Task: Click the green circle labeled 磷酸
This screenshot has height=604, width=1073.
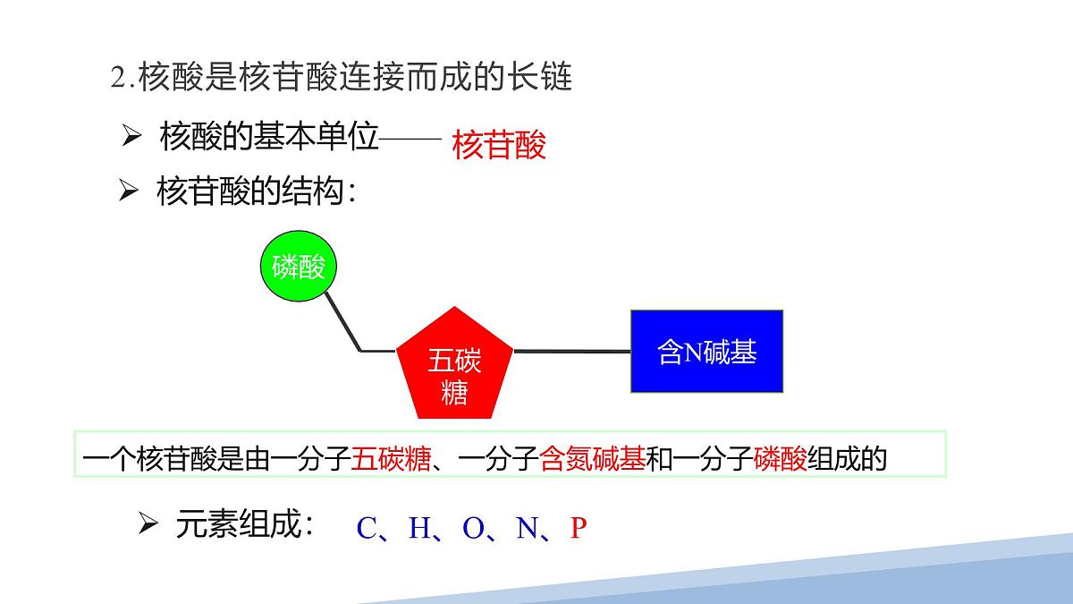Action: pyautogui.click(x=299, y=267)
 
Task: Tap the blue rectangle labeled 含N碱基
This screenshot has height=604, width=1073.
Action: pyautogui.click(x=706, y=352)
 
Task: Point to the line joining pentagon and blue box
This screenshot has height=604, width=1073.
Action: pyautogui.click(x=572, y=351)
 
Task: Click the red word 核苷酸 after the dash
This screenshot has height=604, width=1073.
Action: pyautogui.click(x=499, y=145)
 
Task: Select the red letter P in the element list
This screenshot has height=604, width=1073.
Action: pyautogui.click(x=578, y=529)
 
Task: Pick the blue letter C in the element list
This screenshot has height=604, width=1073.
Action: pyautogui.click(x=367, y=529)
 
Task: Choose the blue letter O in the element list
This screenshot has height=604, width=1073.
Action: pyautogui.click(x=473, y=529)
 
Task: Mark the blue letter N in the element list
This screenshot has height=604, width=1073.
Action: pyautogui.click(x=527, y=529)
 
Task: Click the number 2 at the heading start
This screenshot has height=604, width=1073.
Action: pyautogui.click(x=117, y=78)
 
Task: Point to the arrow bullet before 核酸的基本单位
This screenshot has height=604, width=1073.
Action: pyautogui.click(x=132, y=136)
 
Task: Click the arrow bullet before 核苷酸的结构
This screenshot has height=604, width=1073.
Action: pyautogui.click(x=130, y=191)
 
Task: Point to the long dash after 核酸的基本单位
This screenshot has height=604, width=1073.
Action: pyautogui.click(x=410, y=138)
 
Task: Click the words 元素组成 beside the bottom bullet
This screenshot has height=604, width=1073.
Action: pyautogui.click(x=243, y=525)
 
